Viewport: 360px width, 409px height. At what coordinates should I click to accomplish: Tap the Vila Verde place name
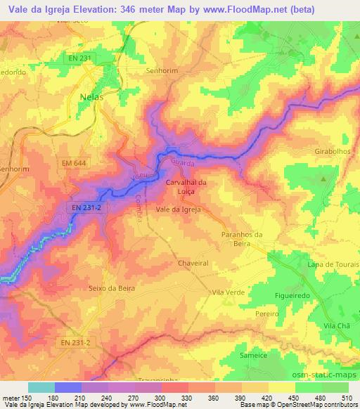(227, 291)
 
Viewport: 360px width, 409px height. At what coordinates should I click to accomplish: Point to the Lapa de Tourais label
(333, 264)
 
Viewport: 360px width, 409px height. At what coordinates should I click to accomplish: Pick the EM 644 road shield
(73, 164)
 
